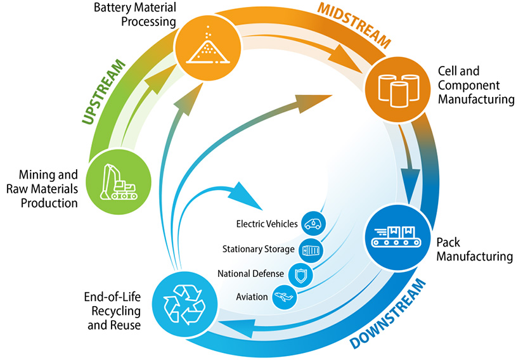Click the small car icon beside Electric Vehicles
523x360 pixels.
313,224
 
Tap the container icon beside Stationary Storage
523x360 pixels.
311,250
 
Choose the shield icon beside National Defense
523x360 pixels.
300,275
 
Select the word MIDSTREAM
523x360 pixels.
354,25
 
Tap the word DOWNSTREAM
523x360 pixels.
387,312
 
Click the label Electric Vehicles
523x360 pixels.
266,224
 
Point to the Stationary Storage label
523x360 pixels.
258,249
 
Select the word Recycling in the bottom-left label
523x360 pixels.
112,311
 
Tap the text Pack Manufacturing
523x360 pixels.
474,250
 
